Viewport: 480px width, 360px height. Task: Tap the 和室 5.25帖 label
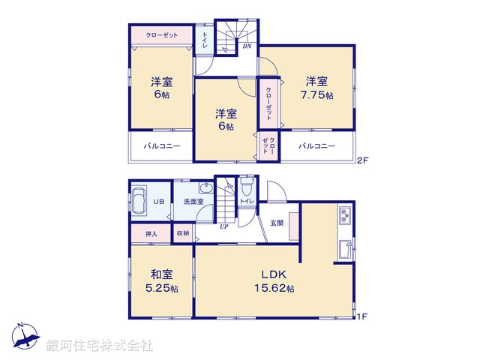(163, 281)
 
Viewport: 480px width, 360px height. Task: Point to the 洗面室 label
(193, 202)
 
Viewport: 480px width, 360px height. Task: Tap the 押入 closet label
(151, 234)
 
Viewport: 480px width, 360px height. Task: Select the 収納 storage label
(184, 234)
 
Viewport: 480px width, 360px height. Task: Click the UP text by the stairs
(223, 226)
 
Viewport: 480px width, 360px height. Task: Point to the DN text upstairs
(247, 46)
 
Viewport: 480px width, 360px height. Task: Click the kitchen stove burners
(345, 215)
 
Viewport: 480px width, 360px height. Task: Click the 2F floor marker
(362, 160)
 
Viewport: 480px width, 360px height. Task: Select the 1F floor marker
(362, 316)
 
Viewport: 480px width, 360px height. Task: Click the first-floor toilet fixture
(247, 186)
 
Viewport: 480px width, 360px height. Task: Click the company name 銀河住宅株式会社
(100, 346)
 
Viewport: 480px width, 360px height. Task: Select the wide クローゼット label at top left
(162, 34)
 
